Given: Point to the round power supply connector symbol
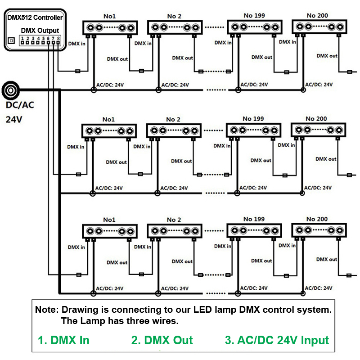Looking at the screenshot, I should [x=10, y=90].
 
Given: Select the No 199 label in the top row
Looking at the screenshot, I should [x=253, y=15].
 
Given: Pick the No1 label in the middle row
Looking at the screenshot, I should [x=108, y=119].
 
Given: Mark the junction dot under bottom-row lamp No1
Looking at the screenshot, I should [x=94, y=293].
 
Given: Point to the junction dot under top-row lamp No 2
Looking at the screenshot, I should [x=158, y=90].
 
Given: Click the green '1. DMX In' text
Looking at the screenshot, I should [x=63, y=340].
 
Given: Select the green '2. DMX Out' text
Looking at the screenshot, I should [x=162, y=340].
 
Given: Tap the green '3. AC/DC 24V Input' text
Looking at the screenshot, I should [x=277, y=340].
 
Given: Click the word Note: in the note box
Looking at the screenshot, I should [x=47, y=310].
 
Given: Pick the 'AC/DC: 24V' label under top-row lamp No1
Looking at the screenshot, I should [x=110, y=85].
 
